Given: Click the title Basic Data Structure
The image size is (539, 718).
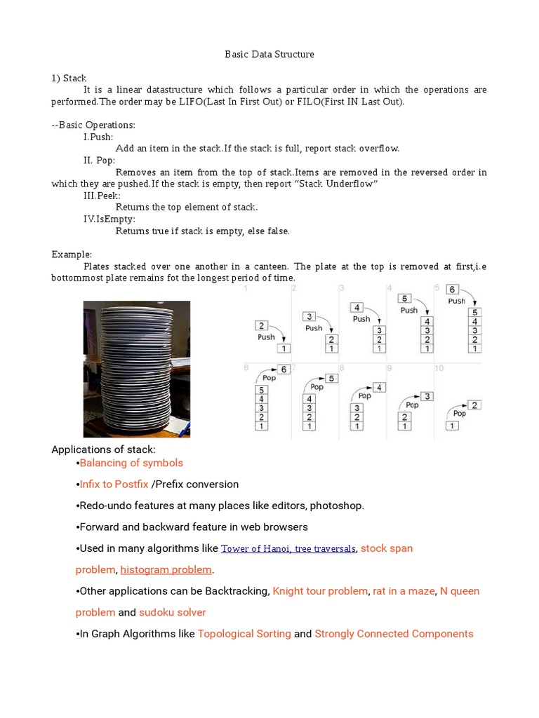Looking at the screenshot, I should [x=269, y=54].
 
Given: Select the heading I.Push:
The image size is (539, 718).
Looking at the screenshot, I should [x=98, y=137].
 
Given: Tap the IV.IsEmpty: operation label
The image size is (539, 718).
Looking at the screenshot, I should [x=109, y=219].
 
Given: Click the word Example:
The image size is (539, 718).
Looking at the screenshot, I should [x=72, y=255].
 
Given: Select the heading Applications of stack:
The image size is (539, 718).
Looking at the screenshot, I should [x=104, y=449].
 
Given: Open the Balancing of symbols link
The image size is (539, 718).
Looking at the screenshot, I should [x=131, y=463].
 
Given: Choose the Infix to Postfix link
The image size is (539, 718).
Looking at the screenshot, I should [x=114, y=485].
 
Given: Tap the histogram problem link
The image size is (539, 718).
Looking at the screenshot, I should [x=166, y=569].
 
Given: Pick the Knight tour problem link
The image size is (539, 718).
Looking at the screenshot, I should [x=319, y=591].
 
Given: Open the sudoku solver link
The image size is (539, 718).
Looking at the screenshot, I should [x=173, y=613].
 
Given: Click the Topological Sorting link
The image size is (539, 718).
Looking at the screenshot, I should [x=244, y=634].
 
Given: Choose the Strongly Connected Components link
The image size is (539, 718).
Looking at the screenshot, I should [x=394, y=634].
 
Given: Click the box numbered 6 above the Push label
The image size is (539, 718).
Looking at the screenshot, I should [x=453, y=289].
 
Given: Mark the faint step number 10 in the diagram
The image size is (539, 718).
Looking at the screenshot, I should [x=439, y=367].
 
